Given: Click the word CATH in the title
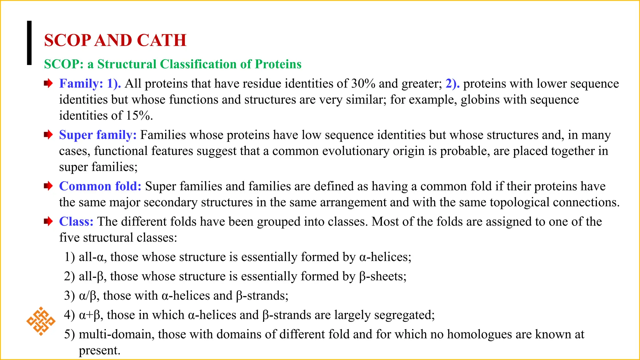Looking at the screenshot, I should pos(162,40).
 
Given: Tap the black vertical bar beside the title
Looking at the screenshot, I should pos(29,43).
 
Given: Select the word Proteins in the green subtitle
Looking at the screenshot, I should pos(278,64).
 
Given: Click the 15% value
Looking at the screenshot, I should pos(138,116).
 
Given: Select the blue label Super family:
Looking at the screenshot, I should pos(98,135).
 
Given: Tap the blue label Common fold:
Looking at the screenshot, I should pos(100,186).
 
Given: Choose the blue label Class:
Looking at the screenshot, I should pos(76,221).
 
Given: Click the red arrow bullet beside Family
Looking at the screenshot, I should pos(48,83).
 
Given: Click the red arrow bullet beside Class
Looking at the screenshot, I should pos(48,222).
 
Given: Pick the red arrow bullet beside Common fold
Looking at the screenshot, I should pos(48,186).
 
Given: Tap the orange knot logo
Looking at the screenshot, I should pos(41,321).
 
